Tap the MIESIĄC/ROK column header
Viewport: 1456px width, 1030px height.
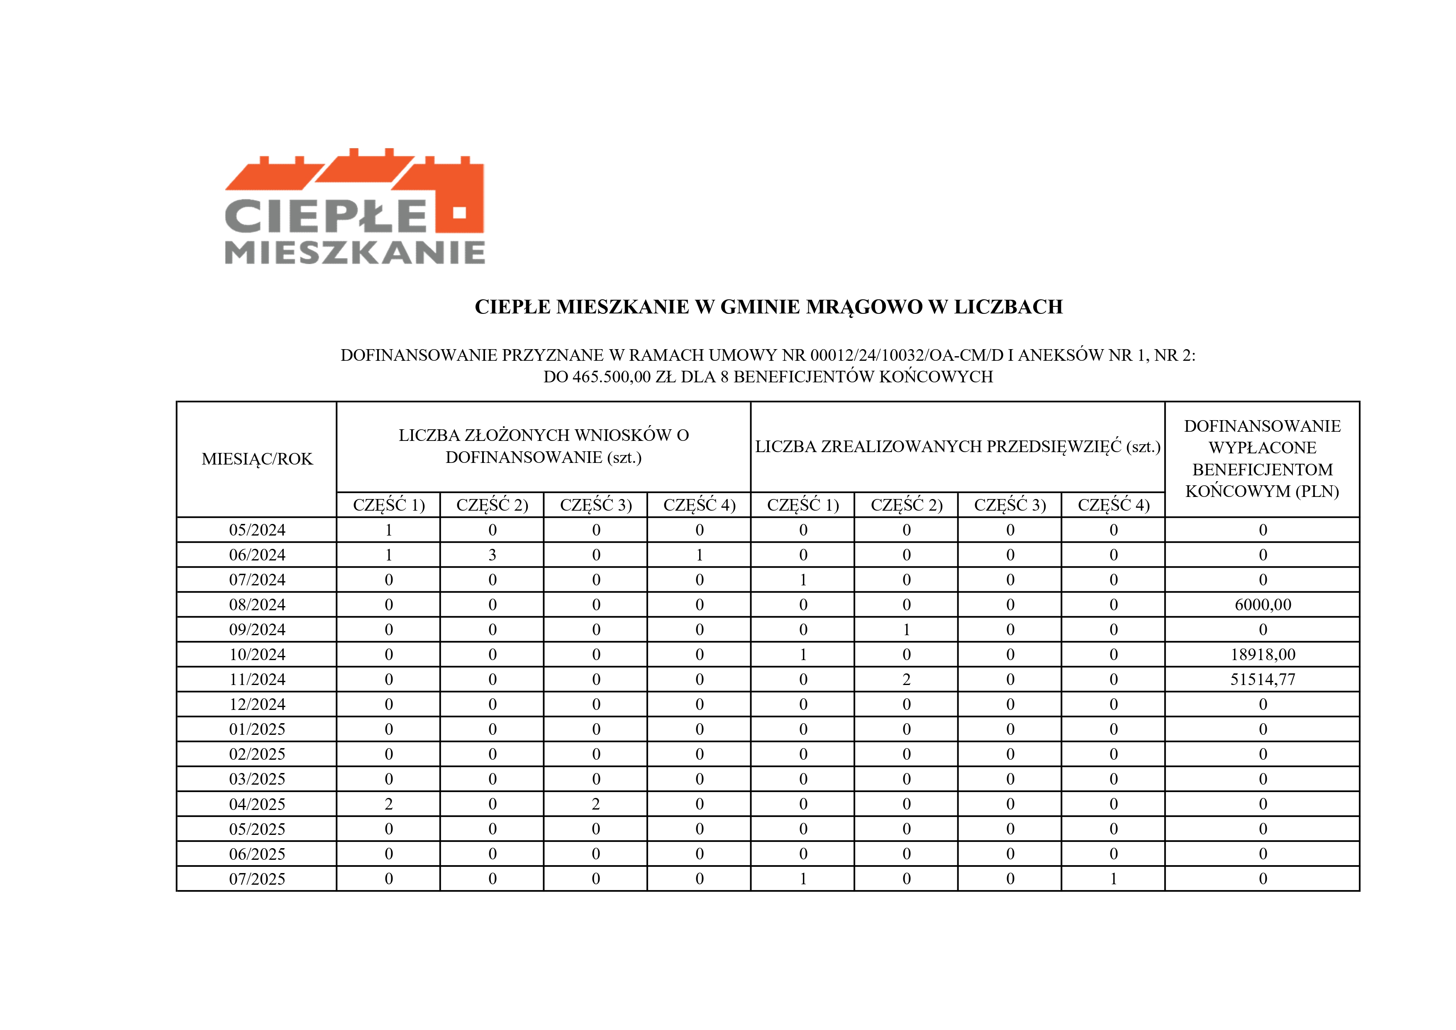pyautogui.click(x=257, y=459)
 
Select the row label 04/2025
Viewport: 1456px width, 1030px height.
pyautogui.click(x=257, y=804)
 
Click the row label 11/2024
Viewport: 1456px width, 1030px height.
pyautogui.click(x=257, y=680)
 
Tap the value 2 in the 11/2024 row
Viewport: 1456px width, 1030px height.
pyautogui.click(x=906, y=680)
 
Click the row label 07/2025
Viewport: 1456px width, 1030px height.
pyautogui.click(x=257, y=879)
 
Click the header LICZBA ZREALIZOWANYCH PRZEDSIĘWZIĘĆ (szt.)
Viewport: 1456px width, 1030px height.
pyautogui.click(x=958, y=447)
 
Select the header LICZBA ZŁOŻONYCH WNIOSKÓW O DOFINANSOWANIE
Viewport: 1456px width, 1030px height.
pyautogui.click(x=544, y=446)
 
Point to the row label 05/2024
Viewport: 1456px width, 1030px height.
pyautogui.click(x=257, y=530)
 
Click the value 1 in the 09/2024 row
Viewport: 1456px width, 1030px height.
pyautogui.click(x=906, y=629)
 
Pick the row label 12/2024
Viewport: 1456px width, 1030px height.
pyautogui.click(x=257, y=705)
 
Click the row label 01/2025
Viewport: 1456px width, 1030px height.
pyautogui.click(x=257, y=729)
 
